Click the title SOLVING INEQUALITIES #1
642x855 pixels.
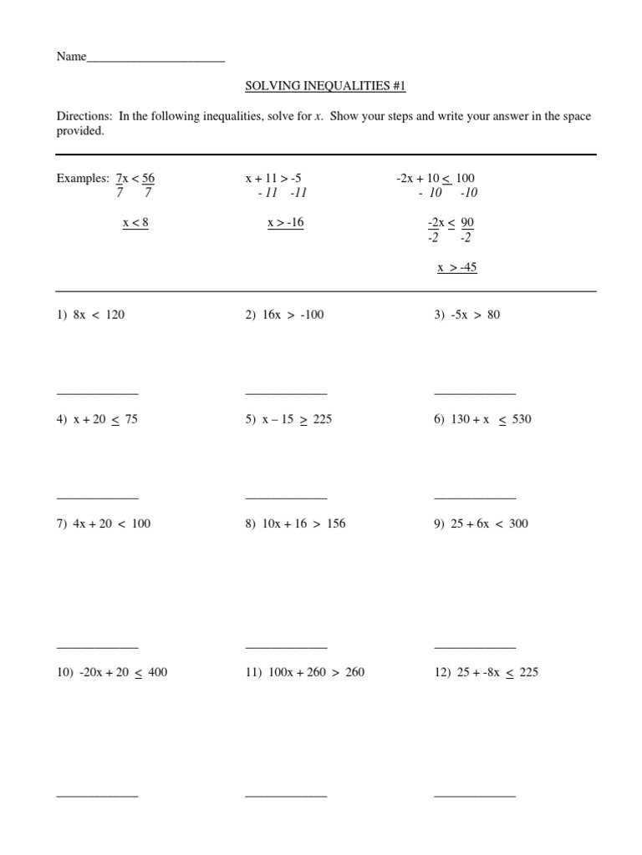(x=325, y=86)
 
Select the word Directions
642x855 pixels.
(x=84, y=117)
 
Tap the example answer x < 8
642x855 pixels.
(x=135, y=223)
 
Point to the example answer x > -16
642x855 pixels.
(x=285, y=223)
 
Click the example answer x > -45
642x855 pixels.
(x=457, y=268)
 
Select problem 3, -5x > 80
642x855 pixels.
(x=467, y=315)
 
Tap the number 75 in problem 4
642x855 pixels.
(x=131, y=419)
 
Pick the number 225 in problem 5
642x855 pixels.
(x=323, y=419)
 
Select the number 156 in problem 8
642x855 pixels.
(x=336, y=524)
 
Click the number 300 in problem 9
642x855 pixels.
(x=518, y=524)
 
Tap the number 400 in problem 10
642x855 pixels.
(x=157, y=672)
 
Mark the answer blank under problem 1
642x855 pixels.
(x=97, y=392)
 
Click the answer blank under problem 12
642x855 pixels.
(x=475, y=795)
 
